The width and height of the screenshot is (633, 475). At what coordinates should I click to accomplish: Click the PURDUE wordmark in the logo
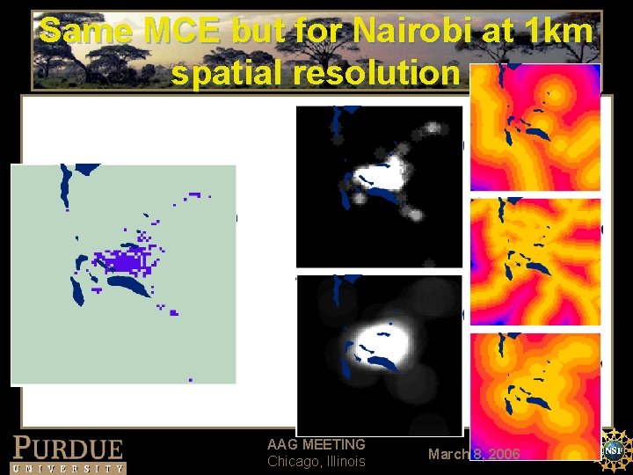[x=68, y=448]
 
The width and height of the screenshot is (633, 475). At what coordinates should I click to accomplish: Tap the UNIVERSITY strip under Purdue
[x=68, y=468]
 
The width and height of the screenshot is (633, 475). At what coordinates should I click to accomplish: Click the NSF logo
[x=615, y=448]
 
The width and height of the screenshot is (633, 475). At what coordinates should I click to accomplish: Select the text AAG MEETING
[x=316, y=445]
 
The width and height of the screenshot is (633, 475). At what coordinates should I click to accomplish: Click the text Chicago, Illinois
[x=316, y=462]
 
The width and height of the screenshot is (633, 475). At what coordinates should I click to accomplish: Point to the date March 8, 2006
[x=474, y=454]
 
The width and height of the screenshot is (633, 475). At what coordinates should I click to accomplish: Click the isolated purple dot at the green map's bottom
[x=191, y=380]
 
